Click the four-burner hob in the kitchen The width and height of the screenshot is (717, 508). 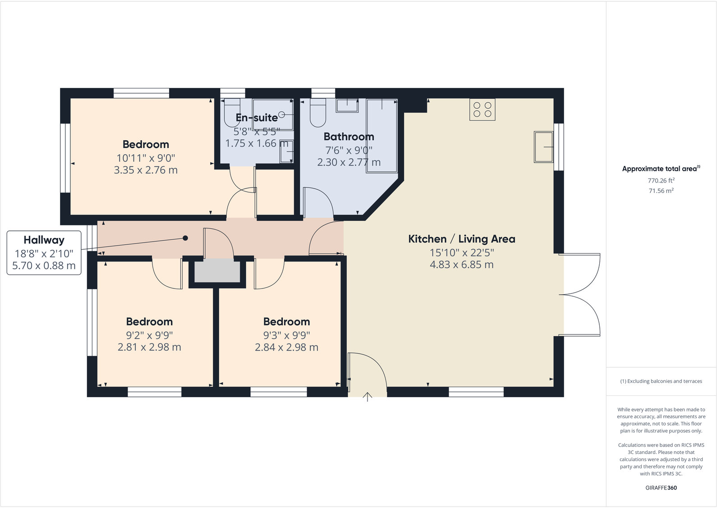coord(482,110)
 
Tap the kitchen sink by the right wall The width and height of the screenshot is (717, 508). coord(543,146)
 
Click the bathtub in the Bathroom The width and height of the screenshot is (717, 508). coord(382,135)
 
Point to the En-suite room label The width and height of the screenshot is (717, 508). coord(257,118)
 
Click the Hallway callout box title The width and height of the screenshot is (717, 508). coord(44,240)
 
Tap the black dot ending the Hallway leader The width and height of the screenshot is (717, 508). coord(185,238)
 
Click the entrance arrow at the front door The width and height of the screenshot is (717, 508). coord(368,397)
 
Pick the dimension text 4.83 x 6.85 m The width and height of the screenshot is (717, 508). coord(461,265)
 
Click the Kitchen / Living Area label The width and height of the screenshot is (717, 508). coord(461,239)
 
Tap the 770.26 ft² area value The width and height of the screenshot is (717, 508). coord(661,180)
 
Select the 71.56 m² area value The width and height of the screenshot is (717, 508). coord(661,191)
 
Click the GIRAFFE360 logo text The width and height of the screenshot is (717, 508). coord(661,488)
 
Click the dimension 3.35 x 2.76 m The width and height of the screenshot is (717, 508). coord(146,170)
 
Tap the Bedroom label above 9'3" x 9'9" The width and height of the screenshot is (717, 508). coord(286,321)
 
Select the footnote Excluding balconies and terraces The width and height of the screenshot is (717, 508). coord(661,381)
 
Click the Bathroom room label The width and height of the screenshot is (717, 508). coord(349,137)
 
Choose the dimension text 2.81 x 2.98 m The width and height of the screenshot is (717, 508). coord(149,347)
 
